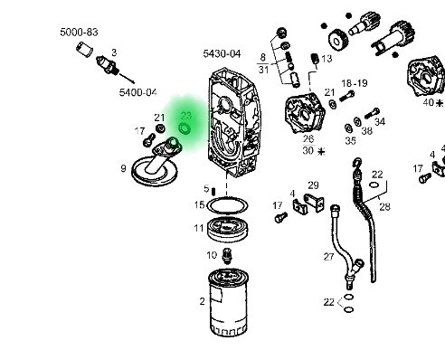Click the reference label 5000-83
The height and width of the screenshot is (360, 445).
click(x=79, y=32)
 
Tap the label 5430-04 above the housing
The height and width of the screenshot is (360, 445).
click(x=222, y=54)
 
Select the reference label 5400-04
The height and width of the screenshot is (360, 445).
click(x=138, y=92)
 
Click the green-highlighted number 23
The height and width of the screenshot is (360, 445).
click(x=186, y=116)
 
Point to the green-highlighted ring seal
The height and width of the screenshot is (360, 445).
click(x=185, y=128)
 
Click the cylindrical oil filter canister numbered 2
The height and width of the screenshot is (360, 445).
click(x=228, y=302)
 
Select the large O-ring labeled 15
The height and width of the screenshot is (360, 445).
click(x=228, y=205)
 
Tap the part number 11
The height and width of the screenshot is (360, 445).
click(x=199, y=228)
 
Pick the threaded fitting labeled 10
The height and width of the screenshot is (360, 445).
click(x=227, y=256)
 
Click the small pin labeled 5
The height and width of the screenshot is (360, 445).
click(x=213, y=192)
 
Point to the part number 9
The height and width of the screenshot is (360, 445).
click(x=123, y=168)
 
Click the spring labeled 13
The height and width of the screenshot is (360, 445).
click(x=315, y=59)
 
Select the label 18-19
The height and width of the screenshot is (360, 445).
click(x=355, y=83)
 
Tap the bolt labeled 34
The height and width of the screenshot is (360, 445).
click(x=372, y=114)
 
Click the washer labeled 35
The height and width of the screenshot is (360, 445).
click(x=348, y=128)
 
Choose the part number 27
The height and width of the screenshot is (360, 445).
click(x=329, y=257)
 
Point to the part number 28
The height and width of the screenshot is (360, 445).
click(x=384, y=207)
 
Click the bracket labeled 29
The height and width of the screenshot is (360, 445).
click(x=314, y=203)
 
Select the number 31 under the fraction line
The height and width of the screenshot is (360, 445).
click(x=263, y=70)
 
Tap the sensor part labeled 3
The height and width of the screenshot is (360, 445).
click(x=107, y=66)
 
